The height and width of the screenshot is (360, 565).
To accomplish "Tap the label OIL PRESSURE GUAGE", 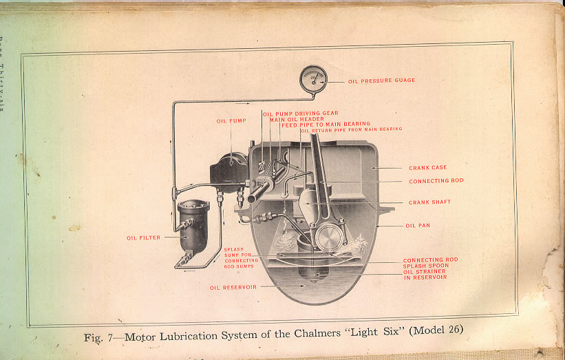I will click(x=381, y=81).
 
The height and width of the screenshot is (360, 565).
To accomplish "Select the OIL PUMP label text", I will click(x=231, y=120).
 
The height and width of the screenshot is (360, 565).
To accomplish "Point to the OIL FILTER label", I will click(x=143, y=237).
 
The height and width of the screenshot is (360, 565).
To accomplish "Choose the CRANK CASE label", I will click(x=427, y=167).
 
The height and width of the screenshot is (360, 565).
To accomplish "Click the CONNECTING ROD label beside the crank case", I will click(x=436, y=181).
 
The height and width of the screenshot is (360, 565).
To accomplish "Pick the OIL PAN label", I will click(x=418, y=225).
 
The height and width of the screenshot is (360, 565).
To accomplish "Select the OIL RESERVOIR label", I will click(x=233, y=287).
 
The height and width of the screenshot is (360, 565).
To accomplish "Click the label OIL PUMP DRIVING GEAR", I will click(x=301, y=113).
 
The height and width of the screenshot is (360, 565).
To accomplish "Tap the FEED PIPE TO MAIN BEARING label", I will click(x=326, y=125).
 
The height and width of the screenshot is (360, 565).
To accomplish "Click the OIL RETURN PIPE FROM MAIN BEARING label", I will click(x=351, y=129).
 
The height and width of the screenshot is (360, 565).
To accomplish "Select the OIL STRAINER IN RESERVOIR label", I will click(x=425, y=274).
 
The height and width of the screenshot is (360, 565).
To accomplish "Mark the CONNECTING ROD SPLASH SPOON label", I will click(x=430, y=262).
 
